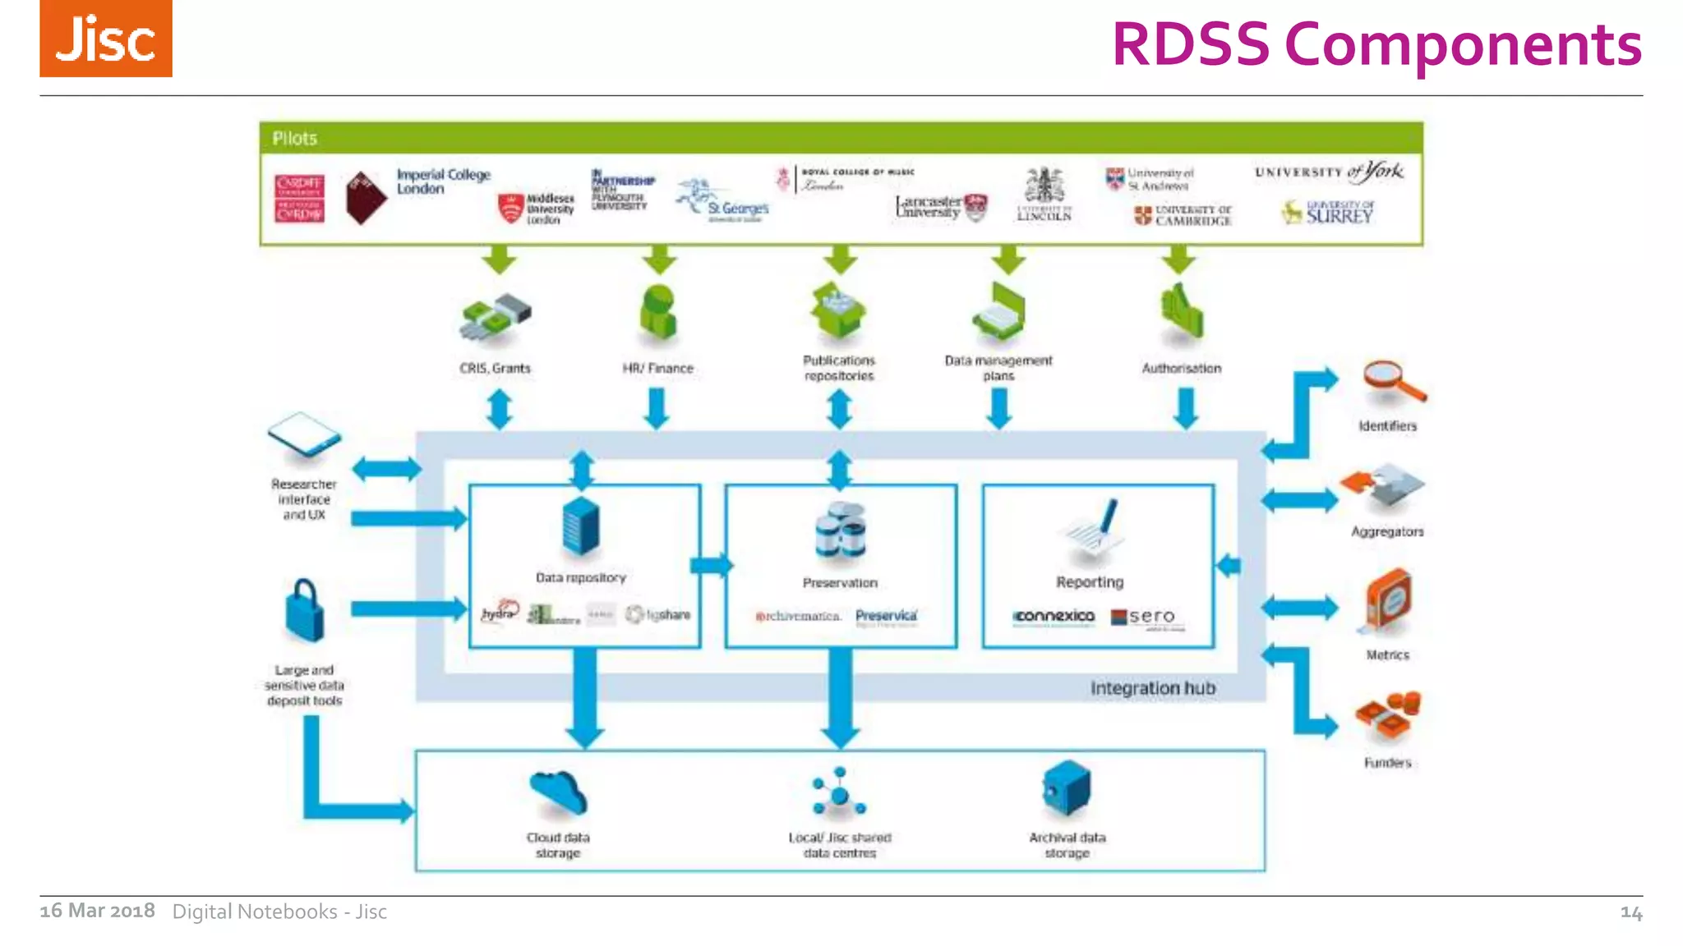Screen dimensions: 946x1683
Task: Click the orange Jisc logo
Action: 106,39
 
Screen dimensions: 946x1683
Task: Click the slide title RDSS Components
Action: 1376,44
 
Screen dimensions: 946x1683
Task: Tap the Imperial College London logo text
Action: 442,181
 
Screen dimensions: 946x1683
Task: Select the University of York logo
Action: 1329,172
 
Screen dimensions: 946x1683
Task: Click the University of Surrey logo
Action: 1328,213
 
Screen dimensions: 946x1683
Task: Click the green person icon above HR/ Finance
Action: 658,313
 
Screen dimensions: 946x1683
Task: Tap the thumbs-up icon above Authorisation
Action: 1182,311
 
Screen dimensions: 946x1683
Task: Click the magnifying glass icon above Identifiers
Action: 1392,381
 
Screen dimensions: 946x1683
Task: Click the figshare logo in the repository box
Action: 657,614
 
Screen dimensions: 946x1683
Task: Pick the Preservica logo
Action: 886,617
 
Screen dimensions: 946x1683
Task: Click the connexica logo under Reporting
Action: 1054,616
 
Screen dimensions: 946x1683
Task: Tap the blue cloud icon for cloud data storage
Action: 558,792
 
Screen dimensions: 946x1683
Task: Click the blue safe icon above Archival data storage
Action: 1066,788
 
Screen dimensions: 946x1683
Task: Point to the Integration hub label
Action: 1152,688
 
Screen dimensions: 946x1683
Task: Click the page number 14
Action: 1630,912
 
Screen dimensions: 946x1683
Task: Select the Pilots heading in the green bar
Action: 294,138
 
